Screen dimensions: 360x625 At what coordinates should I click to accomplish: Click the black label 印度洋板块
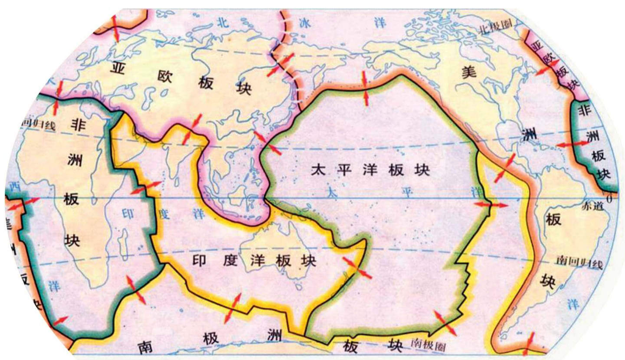(254, 261)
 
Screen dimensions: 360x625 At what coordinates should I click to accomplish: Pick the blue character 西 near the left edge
(15, 187)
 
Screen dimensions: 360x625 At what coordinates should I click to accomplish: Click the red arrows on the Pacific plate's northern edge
(365, 88)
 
